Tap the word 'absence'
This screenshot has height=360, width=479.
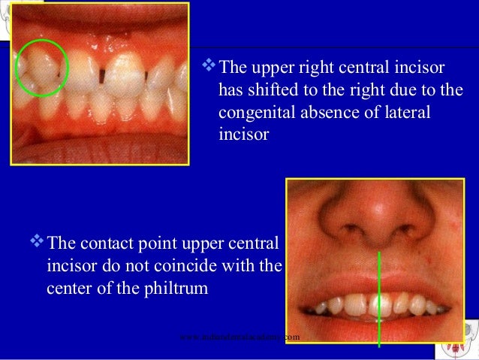[x=324, y=112]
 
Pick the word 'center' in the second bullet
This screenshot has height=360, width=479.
[x=69, y=287]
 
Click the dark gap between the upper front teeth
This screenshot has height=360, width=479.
[x=100, y=74]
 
